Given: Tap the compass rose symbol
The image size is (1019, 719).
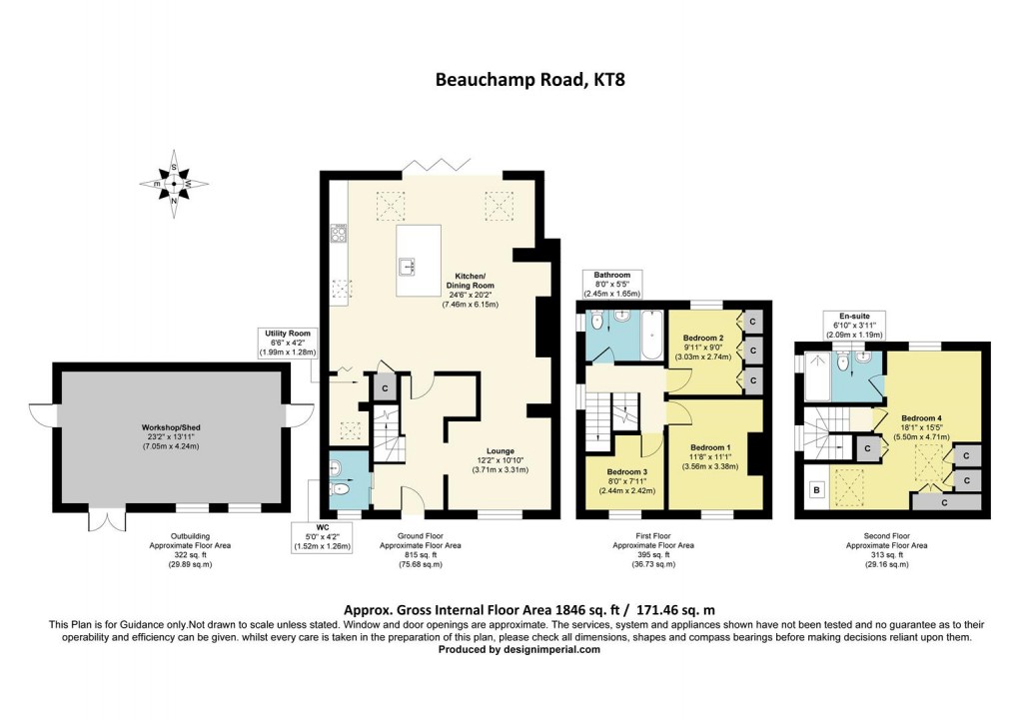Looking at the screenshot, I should (174, 184).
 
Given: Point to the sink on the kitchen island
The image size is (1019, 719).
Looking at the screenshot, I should (408, 266).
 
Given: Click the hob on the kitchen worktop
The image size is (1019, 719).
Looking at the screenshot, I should (338, 235).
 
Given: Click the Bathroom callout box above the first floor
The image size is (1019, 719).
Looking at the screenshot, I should (612, 284).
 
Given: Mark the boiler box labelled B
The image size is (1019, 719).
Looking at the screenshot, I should (815, 490).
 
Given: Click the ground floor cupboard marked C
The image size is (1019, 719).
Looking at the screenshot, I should (382, 386).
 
